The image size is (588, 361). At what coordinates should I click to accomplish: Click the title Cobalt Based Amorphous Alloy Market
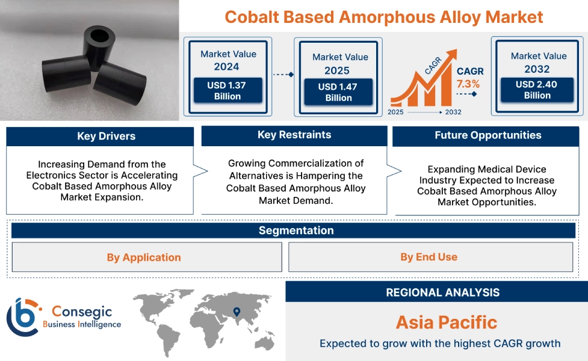384,16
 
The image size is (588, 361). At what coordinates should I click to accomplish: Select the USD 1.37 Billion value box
227,91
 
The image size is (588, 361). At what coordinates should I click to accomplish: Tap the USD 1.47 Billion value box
338,92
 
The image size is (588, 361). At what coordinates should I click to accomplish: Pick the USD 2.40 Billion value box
537,90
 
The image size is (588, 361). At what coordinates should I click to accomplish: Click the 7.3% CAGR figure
468,84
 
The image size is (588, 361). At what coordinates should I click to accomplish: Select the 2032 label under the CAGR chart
453,112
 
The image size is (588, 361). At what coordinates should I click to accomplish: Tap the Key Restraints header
294,135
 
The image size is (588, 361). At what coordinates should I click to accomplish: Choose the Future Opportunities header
487,135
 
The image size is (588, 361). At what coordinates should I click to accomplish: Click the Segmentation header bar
296,230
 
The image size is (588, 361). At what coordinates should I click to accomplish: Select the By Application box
144,258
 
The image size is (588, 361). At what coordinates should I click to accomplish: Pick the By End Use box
429,257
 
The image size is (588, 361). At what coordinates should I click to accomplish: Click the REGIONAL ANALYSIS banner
442,292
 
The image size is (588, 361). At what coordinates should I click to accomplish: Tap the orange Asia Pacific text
446,322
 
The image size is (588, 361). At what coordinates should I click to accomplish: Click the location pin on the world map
237,312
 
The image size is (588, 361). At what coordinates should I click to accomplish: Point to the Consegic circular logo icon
22,316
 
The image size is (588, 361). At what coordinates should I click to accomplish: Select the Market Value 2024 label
227,60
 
